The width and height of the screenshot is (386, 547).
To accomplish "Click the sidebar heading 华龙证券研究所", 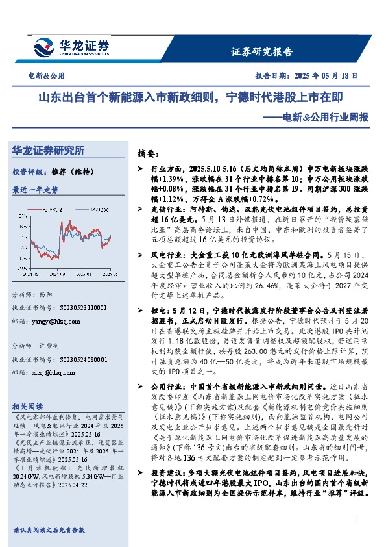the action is [x=49, y=151].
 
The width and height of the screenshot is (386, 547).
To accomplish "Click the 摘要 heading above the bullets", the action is [x=148, y=154].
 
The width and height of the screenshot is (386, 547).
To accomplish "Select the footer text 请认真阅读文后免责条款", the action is [x=49, y=530].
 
